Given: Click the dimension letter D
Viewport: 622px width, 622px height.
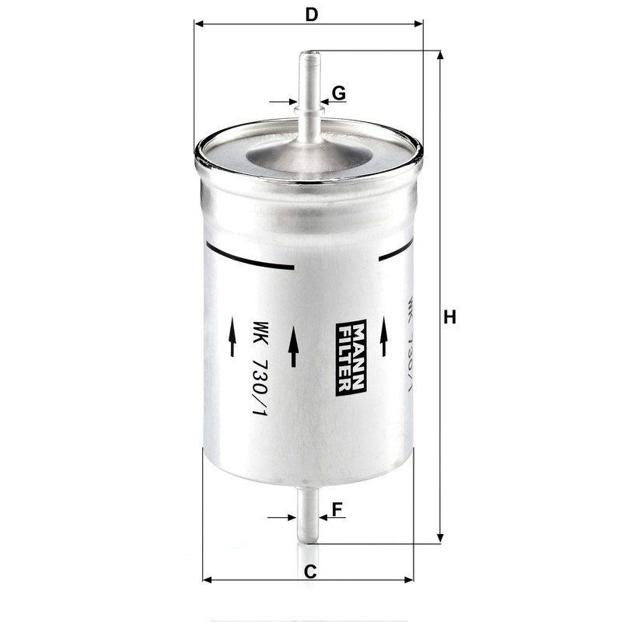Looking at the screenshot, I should tap(312, 13).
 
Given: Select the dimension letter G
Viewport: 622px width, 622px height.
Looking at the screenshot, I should tap(338, 93).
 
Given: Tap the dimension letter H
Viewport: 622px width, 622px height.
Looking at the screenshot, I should tap(449, 317).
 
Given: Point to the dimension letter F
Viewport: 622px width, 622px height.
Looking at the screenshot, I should tap(337, 510).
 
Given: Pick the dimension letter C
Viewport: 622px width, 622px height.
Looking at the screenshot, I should tap(309, 572).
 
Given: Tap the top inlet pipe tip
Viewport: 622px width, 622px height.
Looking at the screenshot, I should tap(310, 56).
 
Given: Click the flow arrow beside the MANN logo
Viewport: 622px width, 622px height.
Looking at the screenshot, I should tap(293, 346).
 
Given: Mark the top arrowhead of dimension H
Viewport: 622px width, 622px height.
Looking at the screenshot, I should tap(441, 55).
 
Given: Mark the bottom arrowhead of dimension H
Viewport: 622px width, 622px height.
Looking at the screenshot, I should tap(441, 538).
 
